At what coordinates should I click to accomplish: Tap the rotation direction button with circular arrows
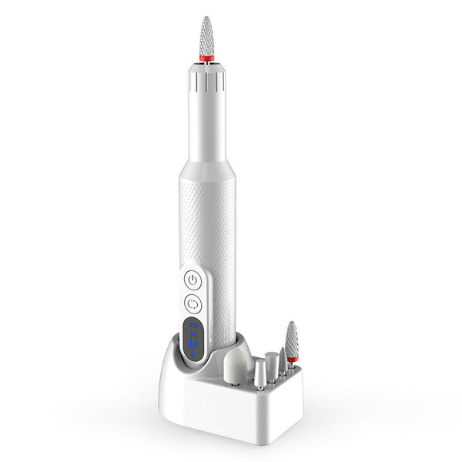tap(193, 303)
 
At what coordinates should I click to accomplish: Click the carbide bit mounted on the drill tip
tap(206, 35)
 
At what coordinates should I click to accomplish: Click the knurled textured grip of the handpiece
tap(208, 231)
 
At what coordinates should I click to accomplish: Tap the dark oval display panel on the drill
tap(193, 340)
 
